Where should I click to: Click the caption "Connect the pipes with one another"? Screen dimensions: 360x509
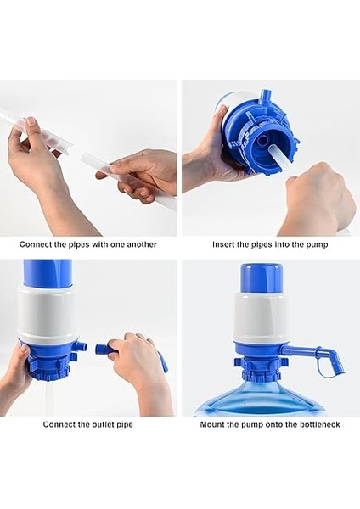87,244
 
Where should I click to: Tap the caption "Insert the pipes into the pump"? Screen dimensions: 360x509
270,244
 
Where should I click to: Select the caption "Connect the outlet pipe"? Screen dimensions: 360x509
87,424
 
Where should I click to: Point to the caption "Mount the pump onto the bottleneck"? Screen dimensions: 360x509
270,424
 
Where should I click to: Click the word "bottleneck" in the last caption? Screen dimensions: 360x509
319,424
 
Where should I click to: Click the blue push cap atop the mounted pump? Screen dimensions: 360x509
262,277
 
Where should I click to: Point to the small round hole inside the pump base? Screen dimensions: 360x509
262,141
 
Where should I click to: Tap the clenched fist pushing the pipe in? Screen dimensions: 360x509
317,197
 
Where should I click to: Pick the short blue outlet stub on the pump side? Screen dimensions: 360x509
82,346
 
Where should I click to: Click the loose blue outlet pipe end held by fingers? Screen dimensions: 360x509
103,350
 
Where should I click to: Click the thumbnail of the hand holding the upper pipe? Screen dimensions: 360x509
31,121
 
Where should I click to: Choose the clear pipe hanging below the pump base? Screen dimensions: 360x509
48,401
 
